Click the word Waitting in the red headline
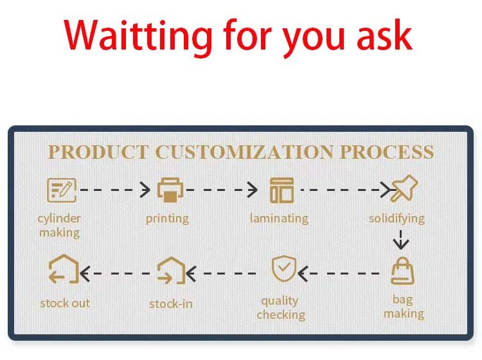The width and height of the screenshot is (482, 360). [x=138, y=37]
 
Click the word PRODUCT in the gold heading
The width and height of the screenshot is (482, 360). [x=98, y=152]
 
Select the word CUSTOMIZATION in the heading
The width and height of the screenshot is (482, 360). [x=244, y=152]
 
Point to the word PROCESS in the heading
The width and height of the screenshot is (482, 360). [x=387, y=152]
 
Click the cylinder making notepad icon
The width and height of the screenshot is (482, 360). [x=62, y=190]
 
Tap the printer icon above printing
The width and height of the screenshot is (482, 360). [x=170, y=190]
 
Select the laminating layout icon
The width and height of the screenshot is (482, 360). [x=281, y=190]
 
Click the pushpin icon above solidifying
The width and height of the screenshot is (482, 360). [x=404, y=188]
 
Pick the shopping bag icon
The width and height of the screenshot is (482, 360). [x=402, y=271]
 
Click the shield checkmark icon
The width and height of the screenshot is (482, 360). [x=284, y=268]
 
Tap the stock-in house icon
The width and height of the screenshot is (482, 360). [x=171, y=271]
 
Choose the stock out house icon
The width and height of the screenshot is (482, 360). [x=64, y=269]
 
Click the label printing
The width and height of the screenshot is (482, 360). [x=167, y=219]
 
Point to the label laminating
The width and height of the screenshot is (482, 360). [x=279, y=219]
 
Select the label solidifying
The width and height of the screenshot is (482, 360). [x=397, y=219]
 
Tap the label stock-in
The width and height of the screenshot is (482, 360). [x=171, y=303]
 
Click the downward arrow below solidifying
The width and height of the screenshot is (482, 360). [x=401, y=240]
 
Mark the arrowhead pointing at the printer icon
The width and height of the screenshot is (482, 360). [x=145, y=190]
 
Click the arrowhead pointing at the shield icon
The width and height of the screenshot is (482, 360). [x=303, y=274]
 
